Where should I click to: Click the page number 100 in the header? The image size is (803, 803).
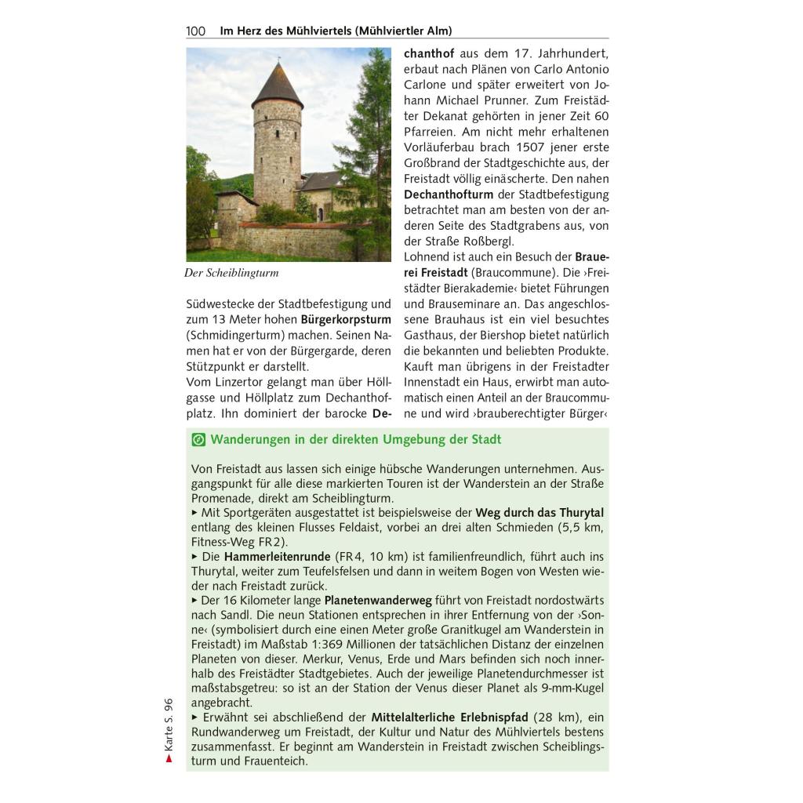[195, 31]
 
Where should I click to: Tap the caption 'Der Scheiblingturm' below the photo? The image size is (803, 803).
[231, 274]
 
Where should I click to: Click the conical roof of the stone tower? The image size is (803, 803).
[277, 85]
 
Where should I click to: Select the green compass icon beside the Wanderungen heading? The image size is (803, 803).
[198, 440]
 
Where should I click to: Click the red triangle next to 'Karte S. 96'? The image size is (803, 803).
[169, 758]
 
